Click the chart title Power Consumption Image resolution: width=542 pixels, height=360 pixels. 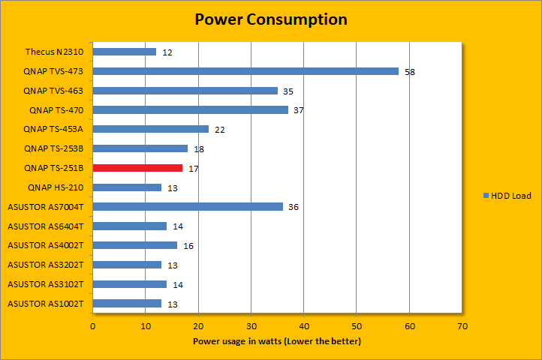pyautogui.click(x=270, y=19)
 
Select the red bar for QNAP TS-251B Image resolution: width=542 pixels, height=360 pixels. pyautogui.click(x=137, y=168)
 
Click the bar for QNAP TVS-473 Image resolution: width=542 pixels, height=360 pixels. pyautogui.click(x=245, y=71)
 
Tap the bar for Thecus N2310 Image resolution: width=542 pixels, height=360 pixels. pyautogui.click(x=124, y=52)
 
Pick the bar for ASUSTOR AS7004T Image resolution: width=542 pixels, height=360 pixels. pyautogui.click(x=188, y=206)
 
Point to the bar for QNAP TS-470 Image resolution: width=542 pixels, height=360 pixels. pyautogui.click(x=190, y=110)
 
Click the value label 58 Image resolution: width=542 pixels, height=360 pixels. pyautogui.click(x=410, y=72)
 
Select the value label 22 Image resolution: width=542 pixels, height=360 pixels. pyautogui.click(x=220, y=130)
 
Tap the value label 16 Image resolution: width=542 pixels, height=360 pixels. pyautogui.click(x=188, y=246)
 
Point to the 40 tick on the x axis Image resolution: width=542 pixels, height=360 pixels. pyautogui.click(x=304, y=326)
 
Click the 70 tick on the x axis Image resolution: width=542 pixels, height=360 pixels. pyautogui.click(x=462, y=326)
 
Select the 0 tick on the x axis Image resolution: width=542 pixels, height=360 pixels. pyautogui.click(x=92, y=326)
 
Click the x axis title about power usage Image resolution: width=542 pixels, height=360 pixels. pyautogui.click(x=277, y=342)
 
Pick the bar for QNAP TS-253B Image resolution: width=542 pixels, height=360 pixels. pyautogui.click(x=140, y=148)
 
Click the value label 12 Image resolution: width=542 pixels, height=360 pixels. pyautogui.click(x=167, y=52)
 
